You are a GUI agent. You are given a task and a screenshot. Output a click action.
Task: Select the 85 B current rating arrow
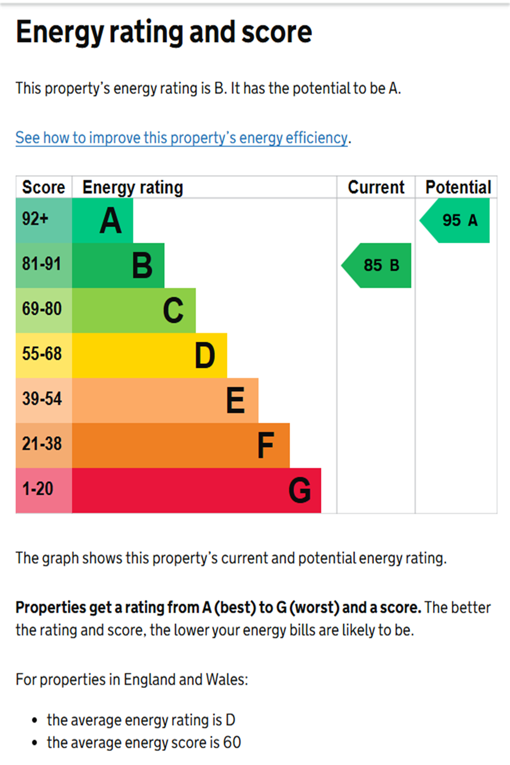tap(378, 265)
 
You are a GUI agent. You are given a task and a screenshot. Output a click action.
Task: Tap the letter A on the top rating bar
tap(111, 221)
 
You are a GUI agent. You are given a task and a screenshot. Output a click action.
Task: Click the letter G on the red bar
tap(299, 490)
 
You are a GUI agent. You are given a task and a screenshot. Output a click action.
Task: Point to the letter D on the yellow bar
tap(205, 355)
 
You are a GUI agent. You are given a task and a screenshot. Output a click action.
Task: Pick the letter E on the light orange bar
tap(236, 400)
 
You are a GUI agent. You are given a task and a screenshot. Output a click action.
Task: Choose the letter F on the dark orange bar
tap(266, 445)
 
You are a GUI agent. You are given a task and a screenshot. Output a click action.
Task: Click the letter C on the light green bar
tap(173, 311)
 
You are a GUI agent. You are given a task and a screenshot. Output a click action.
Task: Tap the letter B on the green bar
tap(142, 266)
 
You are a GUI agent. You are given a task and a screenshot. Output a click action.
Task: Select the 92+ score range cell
tap(43, 220)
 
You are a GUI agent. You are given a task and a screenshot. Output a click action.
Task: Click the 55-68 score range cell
tap(43, 354)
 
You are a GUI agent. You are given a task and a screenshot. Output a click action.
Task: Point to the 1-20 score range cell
tap(43, 490)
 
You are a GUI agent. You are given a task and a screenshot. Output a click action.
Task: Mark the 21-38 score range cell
tap(43, 444)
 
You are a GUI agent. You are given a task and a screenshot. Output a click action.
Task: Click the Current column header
tap(376, 187)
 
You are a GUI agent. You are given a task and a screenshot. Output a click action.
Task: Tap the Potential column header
tap(458, 187)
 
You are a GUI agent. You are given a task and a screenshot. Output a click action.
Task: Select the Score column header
tap(43, 187)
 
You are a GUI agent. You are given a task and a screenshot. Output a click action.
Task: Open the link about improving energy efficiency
tap(182, 138)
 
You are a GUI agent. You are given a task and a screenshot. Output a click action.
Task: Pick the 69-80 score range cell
tap(43, 310)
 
